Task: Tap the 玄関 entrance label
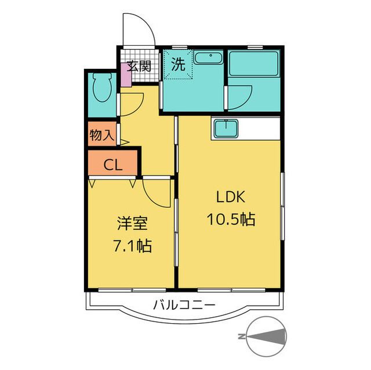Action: [139, 66]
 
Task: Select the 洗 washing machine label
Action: [178, 64]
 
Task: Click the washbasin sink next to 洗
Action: [208, 58]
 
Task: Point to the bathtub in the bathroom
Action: [253, 63]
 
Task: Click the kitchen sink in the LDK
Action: [226, 129]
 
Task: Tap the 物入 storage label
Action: [102, 135]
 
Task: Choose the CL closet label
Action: [113, 165]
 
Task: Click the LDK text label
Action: [231, 197]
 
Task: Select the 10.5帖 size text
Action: [231, 219]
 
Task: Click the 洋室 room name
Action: [132, 223]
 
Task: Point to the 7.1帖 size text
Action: [133, 246]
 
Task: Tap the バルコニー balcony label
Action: [184, 305]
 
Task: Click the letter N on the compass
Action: [241, 336]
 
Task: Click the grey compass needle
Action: [265, 336]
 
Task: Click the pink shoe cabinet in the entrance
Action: [126, 75]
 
